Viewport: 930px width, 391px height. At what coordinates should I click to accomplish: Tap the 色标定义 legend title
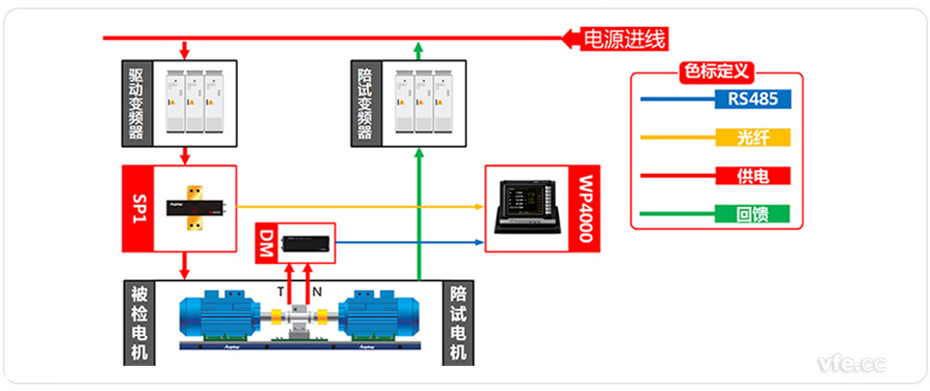coord(716,71)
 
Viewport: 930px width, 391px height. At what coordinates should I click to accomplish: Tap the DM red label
coord(267,243)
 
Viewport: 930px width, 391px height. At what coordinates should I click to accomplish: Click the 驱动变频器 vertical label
coord(136,102)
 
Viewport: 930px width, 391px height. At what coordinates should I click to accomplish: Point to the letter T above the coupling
coord(280,291)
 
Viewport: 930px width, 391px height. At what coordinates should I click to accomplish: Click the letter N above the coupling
coord(317,291)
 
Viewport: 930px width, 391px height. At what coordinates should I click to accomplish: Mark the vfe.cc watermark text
coord(851,361)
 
